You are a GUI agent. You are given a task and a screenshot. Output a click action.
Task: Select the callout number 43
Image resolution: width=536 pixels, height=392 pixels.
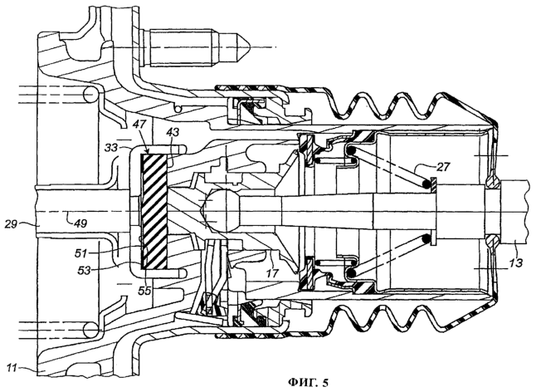click(x=173, y=132)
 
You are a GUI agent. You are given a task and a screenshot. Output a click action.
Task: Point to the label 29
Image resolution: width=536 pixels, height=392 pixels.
click(x=12, y=224)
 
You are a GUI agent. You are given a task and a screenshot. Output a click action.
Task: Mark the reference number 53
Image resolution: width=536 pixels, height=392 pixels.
click(x=84, y=271)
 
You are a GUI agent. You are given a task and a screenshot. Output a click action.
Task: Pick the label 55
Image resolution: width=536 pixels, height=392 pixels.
click(x=144, y=291)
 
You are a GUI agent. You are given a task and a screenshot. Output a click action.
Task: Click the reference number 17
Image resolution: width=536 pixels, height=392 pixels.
click(x=272, y=273)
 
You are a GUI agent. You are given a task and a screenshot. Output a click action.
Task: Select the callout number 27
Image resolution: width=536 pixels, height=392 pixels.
click(x=443, y=167)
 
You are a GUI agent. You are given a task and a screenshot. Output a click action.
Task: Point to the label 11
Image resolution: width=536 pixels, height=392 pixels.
click(x=12, y=368)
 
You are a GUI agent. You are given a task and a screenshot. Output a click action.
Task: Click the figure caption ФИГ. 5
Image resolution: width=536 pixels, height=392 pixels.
click(x=308, y=382)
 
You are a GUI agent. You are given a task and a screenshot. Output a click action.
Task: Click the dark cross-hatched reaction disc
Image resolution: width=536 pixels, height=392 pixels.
click(x=153, y=211)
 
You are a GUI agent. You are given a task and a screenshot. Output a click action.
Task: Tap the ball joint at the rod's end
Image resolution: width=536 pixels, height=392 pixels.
click(x=222, y=211)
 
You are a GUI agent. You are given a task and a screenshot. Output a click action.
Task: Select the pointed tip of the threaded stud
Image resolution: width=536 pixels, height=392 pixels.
click(x=250, y=47)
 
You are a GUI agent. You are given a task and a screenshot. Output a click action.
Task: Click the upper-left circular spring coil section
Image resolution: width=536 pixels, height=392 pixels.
click(x=90, y=94)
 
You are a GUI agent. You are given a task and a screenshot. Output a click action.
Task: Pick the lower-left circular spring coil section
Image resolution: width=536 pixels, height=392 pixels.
click(x=90, y=330)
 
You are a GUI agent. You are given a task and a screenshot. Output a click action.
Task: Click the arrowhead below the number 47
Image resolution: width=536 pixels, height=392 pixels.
click(x=147, y=151)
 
